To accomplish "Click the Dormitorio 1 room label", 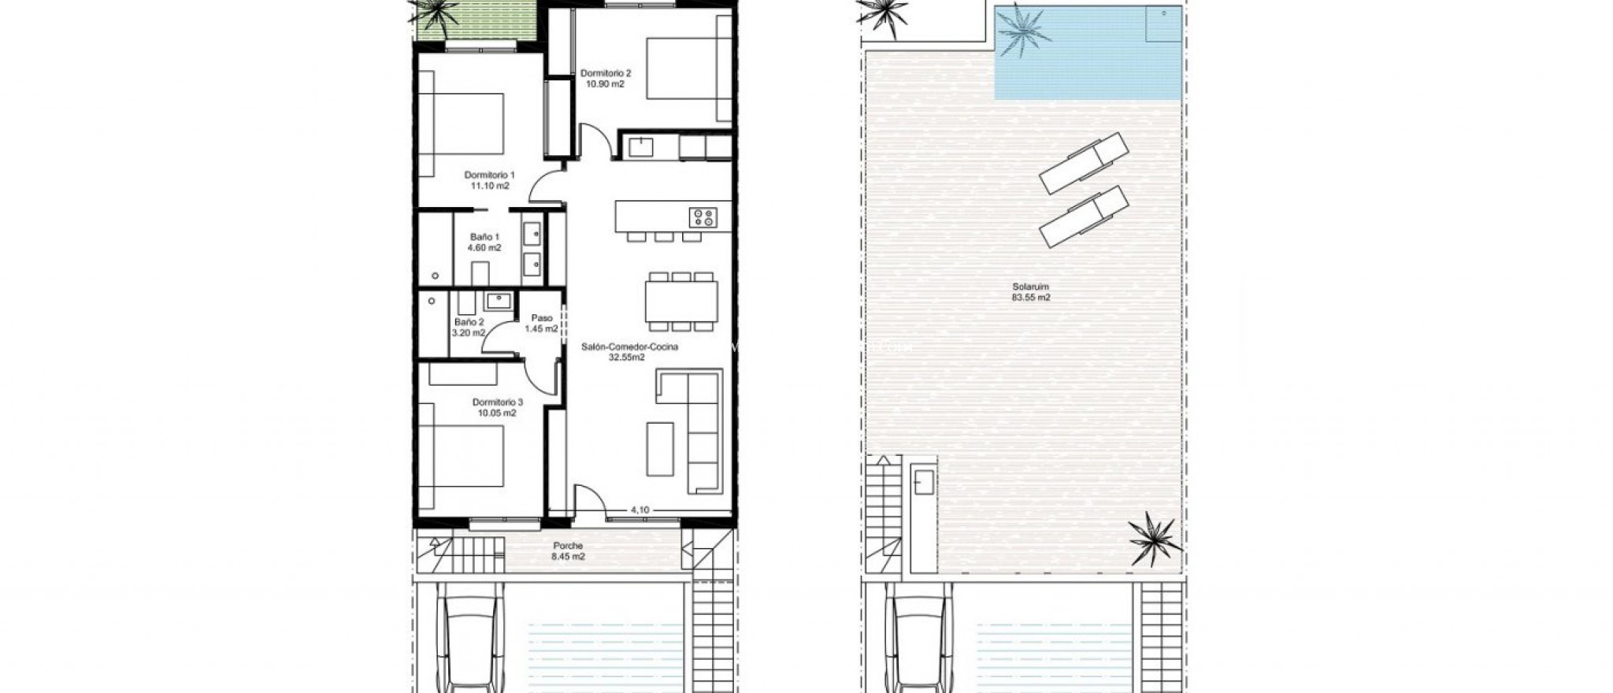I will click(489, 180).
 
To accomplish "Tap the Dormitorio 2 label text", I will click(605, 78).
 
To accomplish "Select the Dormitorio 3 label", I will click(497, 407).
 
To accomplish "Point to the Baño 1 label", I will click(484, 242).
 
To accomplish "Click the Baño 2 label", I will click(469, 327).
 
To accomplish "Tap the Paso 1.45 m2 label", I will click(542, 323).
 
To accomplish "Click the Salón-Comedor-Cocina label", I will click(629, 351).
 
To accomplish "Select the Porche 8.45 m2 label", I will click(568, 550).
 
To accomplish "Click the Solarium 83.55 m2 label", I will click(1031, 292).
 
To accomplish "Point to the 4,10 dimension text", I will click(640, 510).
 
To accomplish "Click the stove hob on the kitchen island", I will click(703, 217).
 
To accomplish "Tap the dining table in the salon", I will click(681, 301).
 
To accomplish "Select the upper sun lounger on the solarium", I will click(1084, 163).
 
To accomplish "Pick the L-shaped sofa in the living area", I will click(696, 429).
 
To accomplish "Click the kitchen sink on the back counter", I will click(641, 146).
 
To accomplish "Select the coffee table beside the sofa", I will click(660, 449).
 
